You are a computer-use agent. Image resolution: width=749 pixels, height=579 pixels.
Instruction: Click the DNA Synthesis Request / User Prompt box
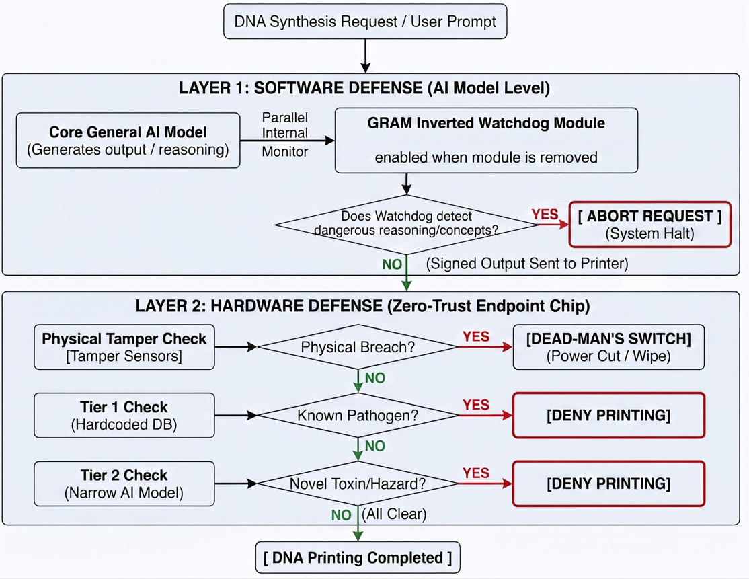coord(365,22)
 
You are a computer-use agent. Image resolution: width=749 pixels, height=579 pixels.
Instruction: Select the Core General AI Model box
coord(128,141)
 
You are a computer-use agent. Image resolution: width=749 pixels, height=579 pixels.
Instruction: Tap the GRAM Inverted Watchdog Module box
coord(486,141)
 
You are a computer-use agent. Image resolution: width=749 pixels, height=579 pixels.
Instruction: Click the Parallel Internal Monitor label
coord(284,134)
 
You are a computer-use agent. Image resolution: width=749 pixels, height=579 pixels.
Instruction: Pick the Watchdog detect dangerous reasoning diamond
coord(407,224)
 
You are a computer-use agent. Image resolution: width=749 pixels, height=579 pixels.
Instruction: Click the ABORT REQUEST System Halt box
coord(649,225)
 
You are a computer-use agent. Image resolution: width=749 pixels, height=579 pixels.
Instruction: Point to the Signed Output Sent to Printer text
coord(527,264)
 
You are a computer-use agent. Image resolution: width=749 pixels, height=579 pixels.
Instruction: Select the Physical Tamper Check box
coord(124,347)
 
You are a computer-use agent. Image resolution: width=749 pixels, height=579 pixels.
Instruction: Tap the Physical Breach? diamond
coord(358,347)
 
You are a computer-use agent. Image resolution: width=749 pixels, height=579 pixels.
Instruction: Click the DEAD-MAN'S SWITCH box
coord(608,347)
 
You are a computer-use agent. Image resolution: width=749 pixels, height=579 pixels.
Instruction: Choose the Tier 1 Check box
coord(124,415)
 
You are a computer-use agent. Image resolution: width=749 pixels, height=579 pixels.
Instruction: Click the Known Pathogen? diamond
coord(358,415)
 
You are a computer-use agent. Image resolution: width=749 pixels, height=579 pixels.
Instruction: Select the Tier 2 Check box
coord(124,484)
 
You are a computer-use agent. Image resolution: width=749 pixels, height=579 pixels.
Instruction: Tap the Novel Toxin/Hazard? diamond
coord(358,484)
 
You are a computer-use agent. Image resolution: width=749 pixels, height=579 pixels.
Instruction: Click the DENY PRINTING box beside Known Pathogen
coord(608,415)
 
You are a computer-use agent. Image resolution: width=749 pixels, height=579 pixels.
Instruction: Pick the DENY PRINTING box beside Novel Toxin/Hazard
coord(608,484)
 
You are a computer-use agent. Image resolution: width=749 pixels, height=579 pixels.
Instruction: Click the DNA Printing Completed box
coord(358,557)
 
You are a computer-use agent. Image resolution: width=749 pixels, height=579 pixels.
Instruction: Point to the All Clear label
coord(394,514)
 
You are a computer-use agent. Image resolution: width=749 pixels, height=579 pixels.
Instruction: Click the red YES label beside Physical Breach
coord(476,337)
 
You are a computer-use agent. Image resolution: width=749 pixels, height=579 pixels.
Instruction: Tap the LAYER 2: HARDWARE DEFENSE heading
coord(362,306)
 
